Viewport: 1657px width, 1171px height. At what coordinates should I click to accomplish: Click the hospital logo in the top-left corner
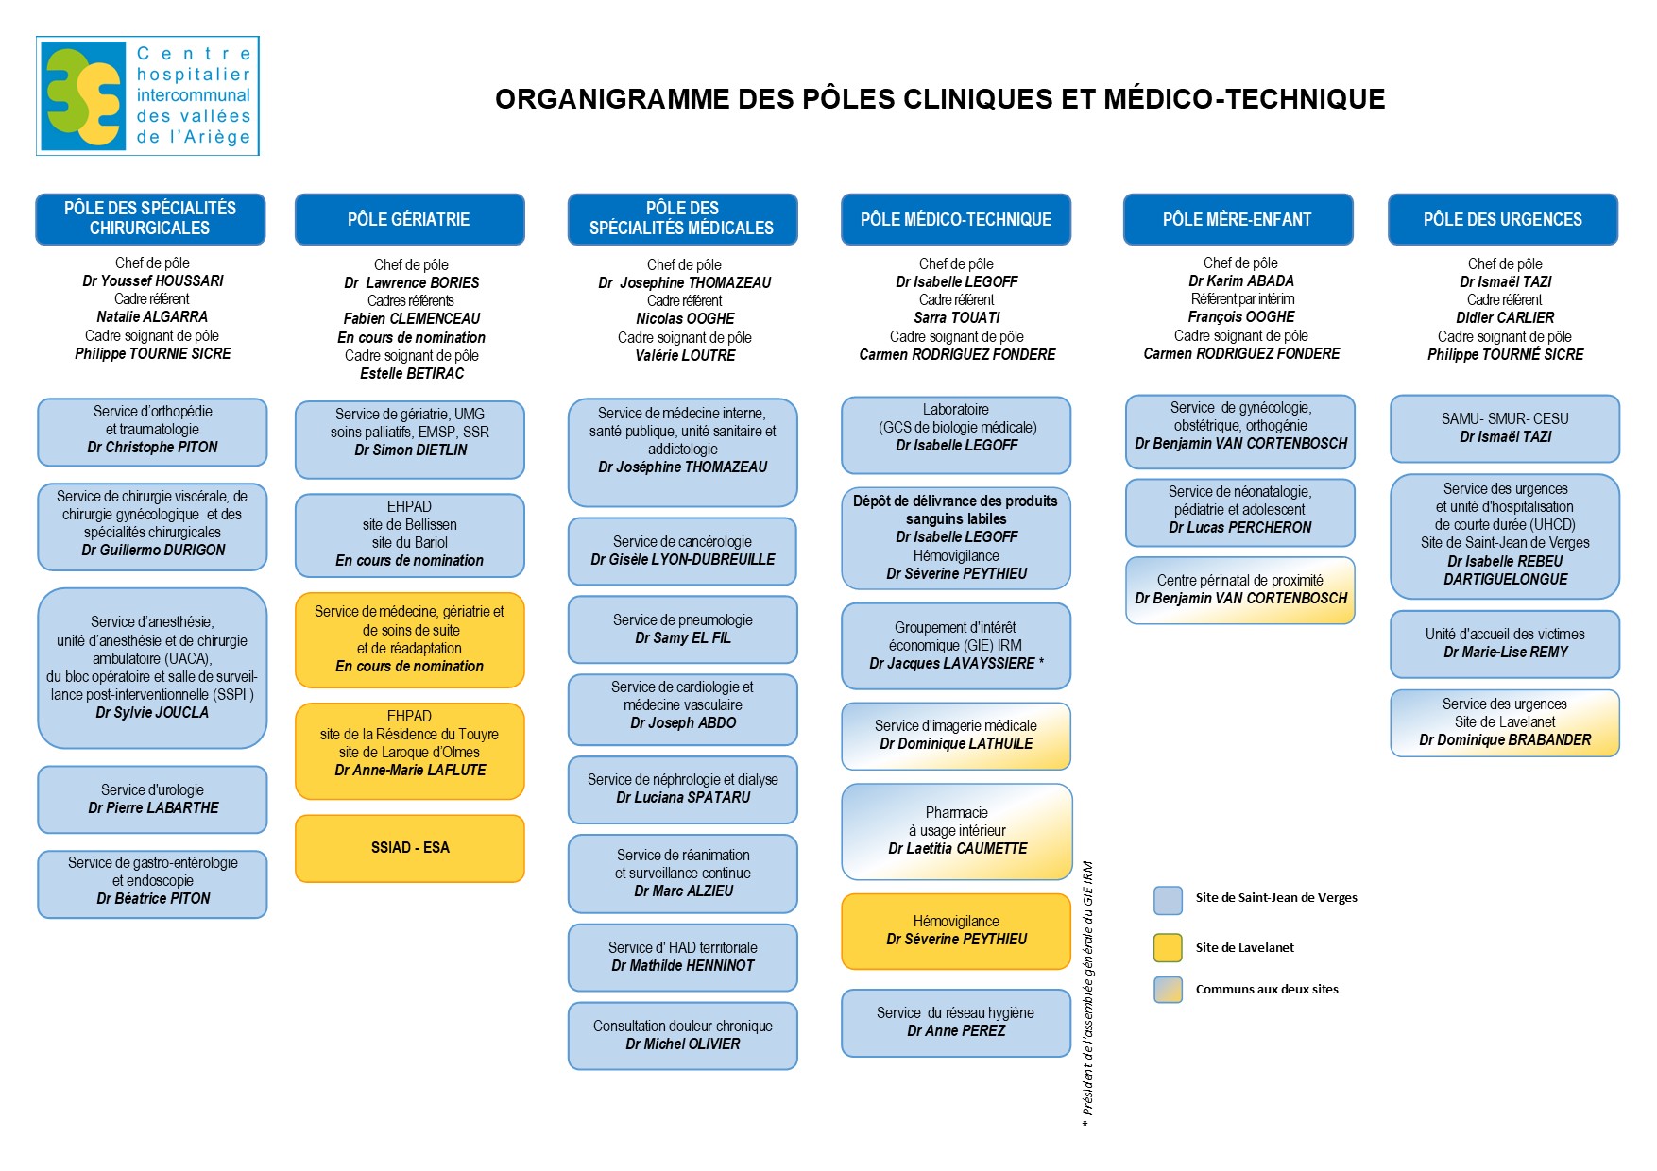pyautogui.click(x=147, y=95)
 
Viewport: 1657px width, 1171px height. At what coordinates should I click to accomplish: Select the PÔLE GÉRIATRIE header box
pyautogui.click(x=409, y=219)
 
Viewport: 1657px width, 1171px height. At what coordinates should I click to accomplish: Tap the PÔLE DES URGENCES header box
pyautogui.click(x=1502, y=219)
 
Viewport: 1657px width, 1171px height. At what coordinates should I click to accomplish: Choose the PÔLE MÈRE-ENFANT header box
pyautogui.click(x=1238, y=219)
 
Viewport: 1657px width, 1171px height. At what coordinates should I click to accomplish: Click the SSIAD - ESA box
pyautogui.click(x=410, y=848)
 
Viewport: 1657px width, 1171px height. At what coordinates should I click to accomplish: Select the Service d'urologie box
pyautogui.click(x=152, y=799)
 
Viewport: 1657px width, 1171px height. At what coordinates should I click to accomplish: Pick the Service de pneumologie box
pyautogui.click(x=682, y=629)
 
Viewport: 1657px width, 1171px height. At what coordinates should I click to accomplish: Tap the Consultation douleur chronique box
pyautogui.click(x=682, y=1035)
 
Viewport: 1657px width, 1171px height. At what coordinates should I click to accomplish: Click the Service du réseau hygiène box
pyautogui.click(x=956, y=1022)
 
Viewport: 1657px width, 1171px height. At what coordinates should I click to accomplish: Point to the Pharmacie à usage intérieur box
pyautogui.click(x=956, y=831)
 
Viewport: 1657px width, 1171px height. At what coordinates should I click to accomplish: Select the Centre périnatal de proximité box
pyautogui.click(x=1239, y=590)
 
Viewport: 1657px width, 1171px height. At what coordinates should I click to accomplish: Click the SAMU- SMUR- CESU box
pyautogui.click(x=1505, y=428)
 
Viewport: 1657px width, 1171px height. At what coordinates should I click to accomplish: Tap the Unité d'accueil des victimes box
pyautogui.click(x=1505, y=644)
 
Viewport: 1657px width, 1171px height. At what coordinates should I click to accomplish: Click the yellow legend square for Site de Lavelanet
pyautogui.click(x=1168, y=947)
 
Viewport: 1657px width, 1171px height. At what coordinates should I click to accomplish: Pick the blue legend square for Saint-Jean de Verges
pyautogui.click(x=1168, y=900)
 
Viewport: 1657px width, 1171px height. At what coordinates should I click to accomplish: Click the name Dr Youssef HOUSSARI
pyautogui.click(x=153, y=280)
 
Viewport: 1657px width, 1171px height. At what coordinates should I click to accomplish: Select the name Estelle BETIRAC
pyautogui.click(x=412, y=373)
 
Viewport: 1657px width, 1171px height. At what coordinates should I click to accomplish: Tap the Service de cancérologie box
pyautogui.click(x=682, y=551)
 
